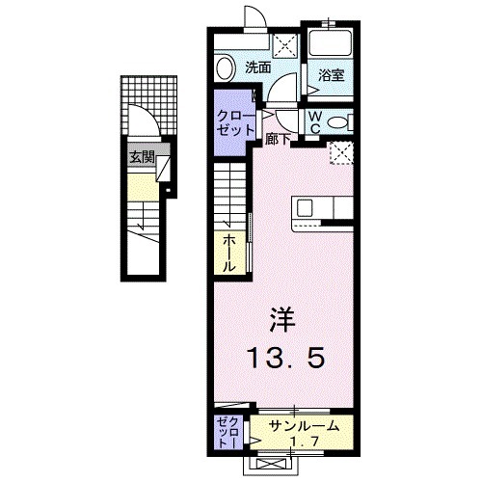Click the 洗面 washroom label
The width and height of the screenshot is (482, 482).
click(255, 67)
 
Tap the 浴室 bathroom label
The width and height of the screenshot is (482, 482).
click(331, 75)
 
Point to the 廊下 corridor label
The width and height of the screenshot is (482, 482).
click(278, 137)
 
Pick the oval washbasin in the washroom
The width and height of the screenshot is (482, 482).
click(225, 67)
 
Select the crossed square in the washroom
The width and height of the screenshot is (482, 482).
click(284, 43)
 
